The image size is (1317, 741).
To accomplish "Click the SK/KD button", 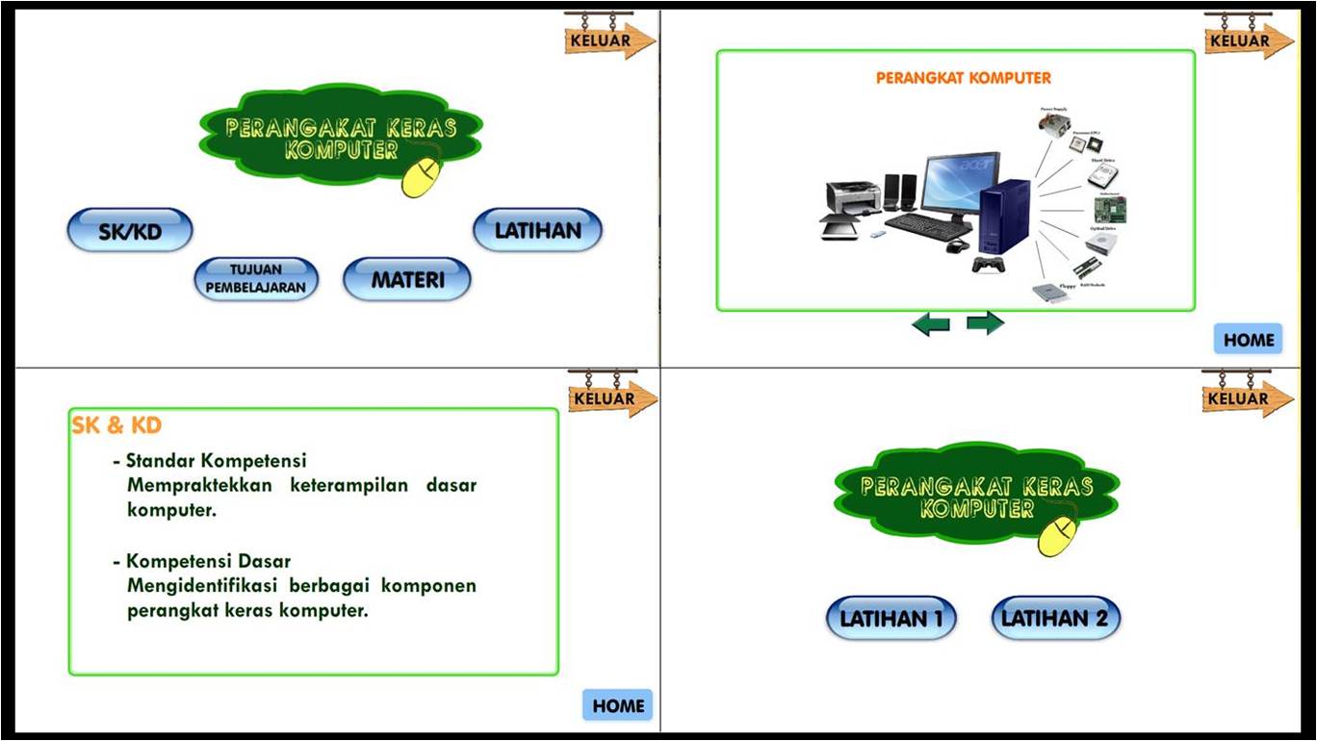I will click(x=129, y=231).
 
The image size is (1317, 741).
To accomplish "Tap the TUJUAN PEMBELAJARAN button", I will click(x=255, y=279).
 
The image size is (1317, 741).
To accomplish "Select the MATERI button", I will click(x=407, y=280).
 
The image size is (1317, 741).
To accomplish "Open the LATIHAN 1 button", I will click(x=891, y=619).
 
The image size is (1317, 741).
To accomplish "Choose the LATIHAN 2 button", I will click(x=1055, y=619).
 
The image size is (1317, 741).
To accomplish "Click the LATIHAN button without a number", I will click(x=537, y=231).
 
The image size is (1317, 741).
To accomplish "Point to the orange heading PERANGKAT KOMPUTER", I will click(x=963, y=78).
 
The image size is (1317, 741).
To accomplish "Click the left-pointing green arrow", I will click(x=930, y=324).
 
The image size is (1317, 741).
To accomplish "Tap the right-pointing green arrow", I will click(x=985, y=323).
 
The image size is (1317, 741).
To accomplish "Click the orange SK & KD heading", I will click(x=116, y=425).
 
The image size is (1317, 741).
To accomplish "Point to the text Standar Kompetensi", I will click(x=217, y=461).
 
